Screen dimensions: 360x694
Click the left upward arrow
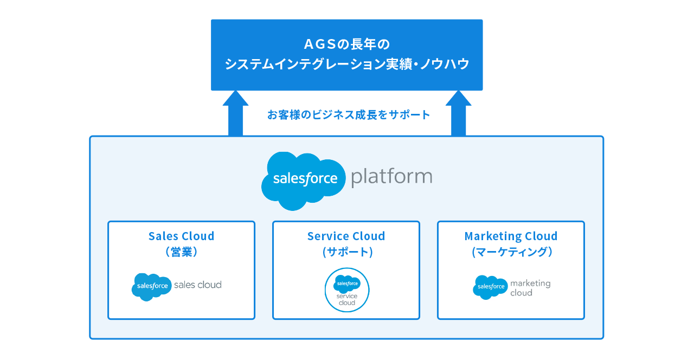coord(235,114)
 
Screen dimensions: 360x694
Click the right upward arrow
coord(459,114)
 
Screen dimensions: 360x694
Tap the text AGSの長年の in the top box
coord(347,43)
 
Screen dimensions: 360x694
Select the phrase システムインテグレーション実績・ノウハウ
coord(347,65)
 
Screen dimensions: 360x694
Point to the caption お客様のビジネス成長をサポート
coord(349,115)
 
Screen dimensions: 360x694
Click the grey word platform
coord(391,177)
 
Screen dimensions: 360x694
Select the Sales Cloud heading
coord(181,236)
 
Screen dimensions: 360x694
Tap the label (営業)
coord(181,252)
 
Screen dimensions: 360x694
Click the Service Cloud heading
coord(346,236)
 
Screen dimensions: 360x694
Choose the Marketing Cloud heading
coord(511,236)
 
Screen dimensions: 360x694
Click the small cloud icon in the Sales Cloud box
coord(151,286)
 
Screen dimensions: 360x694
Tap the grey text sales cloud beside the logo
coord(197,285)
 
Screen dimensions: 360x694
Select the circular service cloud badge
coord(347,290)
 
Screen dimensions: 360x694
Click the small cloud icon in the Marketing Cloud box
coord(490,287)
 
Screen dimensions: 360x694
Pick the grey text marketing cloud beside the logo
coord(530,288)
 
